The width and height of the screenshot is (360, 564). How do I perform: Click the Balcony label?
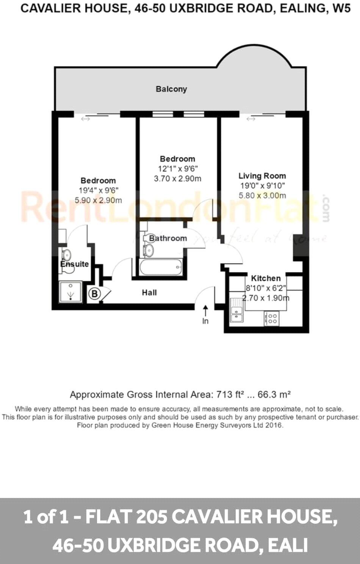pyautogui.click(x=171, y=89)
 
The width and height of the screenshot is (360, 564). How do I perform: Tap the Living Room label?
pyautogui.click(x=262, y=176)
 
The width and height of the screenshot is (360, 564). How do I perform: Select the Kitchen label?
pyautogui.click(x=266, y=278)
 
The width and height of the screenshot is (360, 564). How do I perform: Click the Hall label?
pyautogui.click(x=149, y=293)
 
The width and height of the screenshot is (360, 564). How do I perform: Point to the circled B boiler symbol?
pyautogui.click(x=94, y=293)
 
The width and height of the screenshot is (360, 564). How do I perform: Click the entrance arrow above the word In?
pyautogui.click(x=205, y=310)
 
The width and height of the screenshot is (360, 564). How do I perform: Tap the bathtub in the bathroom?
pyautogui.click(x=161, y=268)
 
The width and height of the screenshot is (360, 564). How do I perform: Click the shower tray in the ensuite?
pyautogui.click(x=70, y=292)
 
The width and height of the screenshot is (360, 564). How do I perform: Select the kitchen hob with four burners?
pyautogui.click(x=272, y=318)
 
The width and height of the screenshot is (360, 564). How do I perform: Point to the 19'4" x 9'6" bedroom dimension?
pyautogui.click(x=98, y=190)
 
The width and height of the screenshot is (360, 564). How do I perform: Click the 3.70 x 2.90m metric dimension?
pyautogui.click(x=177, y=179)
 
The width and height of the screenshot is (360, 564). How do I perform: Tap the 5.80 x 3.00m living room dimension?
pyautogui.click(x=262, y=196)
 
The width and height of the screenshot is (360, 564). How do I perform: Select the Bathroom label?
pyautogui.click(x=168, y=238)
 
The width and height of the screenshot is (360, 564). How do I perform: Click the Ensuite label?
pyautogui.click(x=75, y=264)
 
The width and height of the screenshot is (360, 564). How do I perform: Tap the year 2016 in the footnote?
pyautogui.click(x=274, y=425)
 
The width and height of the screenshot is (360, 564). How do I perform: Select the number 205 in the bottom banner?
pyautogui.click(x=152, y=517)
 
